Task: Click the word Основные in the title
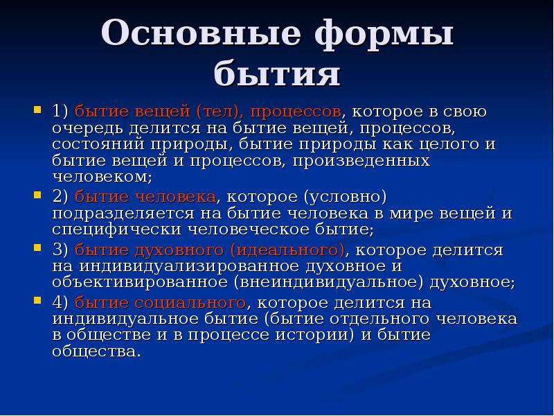(x=201, y=33)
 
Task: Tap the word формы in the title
(x=384, y=35)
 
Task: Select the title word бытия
(x=277, y=73)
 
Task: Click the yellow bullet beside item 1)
(x=37, y=110)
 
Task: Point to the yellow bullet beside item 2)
(x=37, y=195)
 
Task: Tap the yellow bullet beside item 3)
(x=37, y=248)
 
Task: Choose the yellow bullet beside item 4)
(x=37, y=300)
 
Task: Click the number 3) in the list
(x=60, y=250)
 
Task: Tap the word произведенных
(x=361, y=162)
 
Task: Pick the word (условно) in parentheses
(x=345, y=198)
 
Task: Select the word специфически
(x=116, y=230)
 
